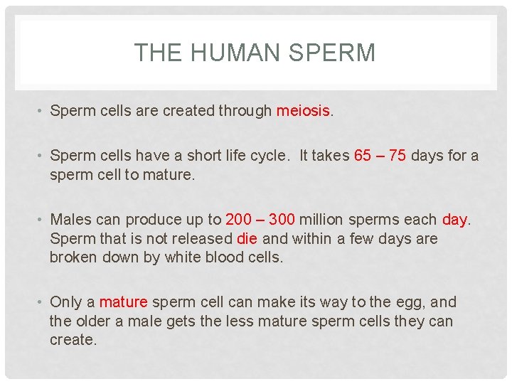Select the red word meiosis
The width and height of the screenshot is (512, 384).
[303, 110]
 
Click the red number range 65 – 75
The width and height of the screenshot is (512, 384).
[380, 156]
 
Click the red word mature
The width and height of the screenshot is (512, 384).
[122, 302]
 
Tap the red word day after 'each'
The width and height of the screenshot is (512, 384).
[455, 220]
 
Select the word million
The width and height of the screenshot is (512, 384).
[324, 220]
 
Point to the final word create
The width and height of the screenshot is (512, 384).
[73, 339]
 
